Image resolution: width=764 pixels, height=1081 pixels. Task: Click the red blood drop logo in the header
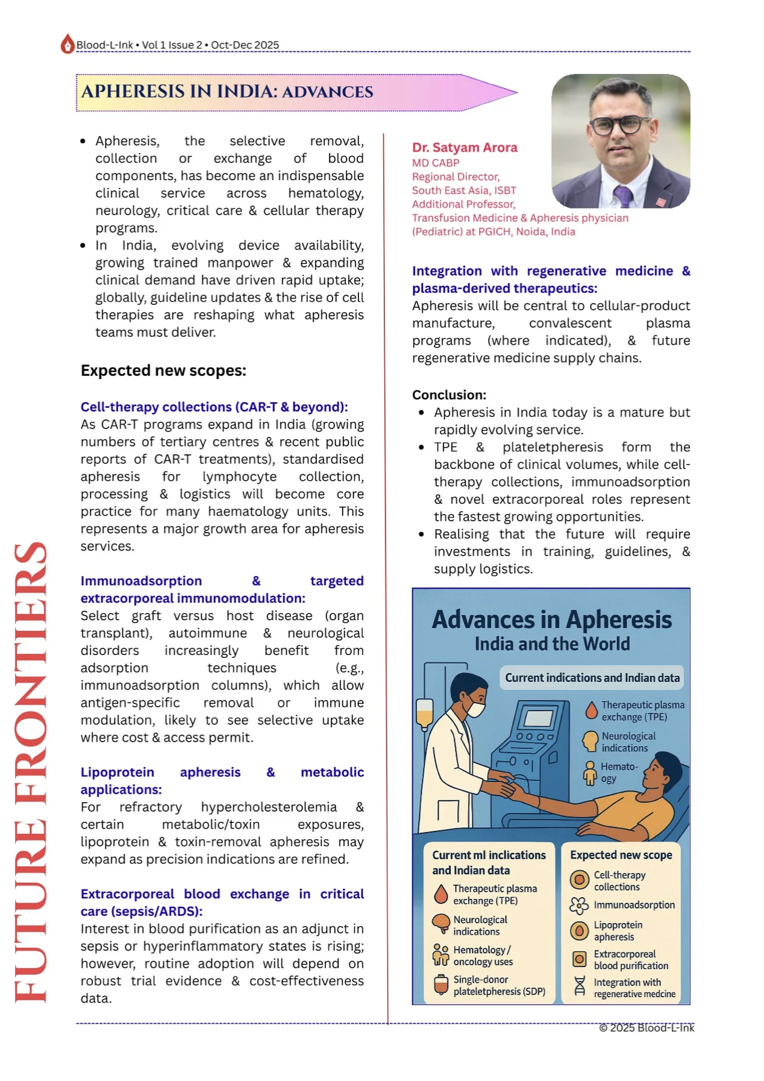67,44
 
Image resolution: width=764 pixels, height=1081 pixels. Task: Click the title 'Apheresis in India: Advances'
227,92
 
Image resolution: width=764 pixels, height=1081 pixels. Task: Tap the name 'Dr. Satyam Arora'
464,148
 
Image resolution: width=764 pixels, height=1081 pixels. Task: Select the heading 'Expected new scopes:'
163,371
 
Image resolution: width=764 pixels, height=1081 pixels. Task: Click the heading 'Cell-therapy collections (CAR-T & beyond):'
214,407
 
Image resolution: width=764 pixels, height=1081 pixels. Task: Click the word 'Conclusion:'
449,395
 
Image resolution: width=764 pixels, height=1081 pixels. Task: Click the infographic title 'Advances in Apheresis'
551,620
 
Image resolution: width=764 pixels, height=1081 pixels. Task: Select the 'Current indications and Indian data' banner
592,678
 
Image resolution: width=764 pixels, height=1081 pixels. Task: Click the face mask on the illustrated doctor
475,708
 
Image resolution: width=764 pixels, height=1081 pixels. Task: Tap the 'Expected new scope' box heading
621,855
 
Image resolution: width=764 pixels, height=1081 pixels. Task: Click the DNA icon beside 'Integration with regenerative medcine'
579,986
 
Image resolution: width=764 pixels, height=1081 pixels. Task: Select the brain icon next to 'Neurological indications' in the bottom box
441,923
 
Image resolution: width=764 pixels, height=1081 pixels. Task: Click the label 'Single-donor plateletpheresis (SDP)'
499,985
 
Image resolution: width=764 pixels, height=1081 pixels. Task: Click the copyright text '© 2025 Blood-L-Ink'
646,1028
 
